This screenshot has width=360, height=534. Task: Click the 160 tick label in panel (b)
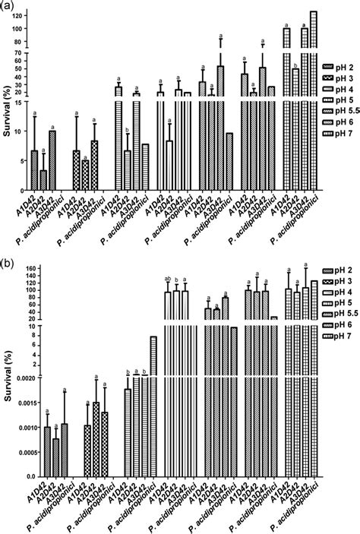pos(20,268)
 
